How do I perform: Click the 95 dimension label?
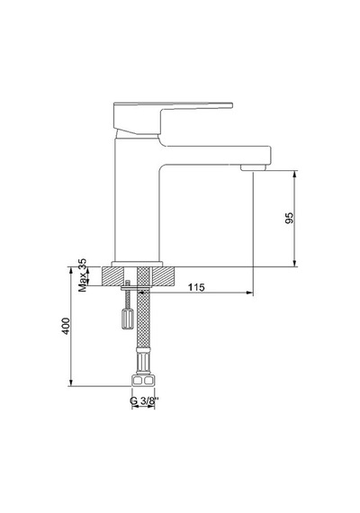pos(290,218)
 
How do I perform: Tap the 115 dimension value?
pos(196,287)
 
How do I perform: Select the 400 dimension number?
pos(66,326)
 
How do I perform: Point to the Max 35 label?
pos(83,275)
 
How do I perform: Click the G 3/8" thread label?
pos(144,400)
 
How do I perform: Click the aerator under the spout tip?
pos(253,167)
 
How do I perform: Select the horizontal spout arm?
pos(216,156)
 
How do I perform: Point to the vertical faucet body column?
pos(137,200)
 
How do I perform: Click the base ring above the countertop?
pos(137,264)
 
